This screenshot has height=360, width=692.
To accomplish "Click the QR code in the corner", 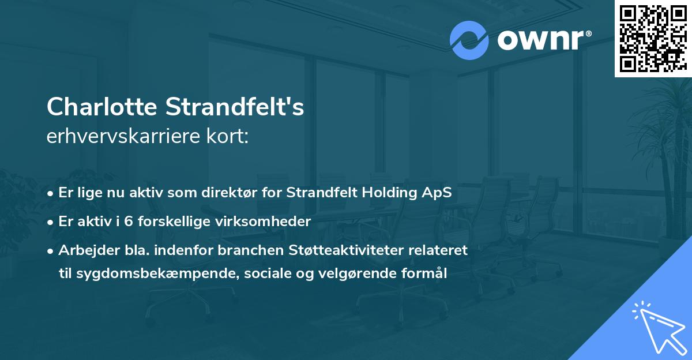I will tap(653, 39).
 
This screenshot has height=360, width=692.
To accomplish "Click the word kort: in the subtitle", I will tap(231, 137).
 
